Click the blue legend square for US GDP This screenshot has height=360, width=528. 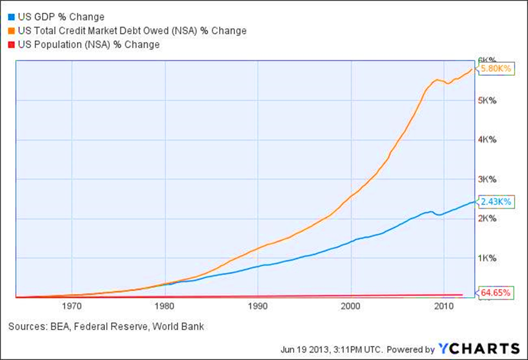(10, 17)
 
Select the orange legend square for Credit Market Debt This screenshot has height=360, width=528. (10, 31)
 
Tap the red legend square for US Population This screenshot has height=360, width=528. (10, 45)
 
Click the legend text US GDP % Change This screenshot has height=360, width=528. (61, 17)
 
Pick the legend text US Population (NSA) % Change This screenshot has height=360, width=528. (88, 45)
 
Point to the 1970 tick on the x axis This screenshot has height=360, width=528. (72, 307)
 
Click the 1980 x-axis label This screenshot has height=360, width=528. (165, 307)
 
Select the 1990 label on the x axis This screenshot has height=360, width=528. (258, 307)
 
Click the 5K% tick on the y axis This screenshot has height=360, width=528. (488, 101)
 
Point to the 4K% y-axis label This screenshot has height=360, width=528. (488, 140)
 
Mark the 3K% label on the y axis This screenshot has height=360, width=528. (488, 179)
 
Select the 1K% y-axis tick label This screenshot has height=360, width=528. (488, 258)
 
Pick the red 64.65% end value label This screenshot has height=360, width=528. (492, 292)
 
